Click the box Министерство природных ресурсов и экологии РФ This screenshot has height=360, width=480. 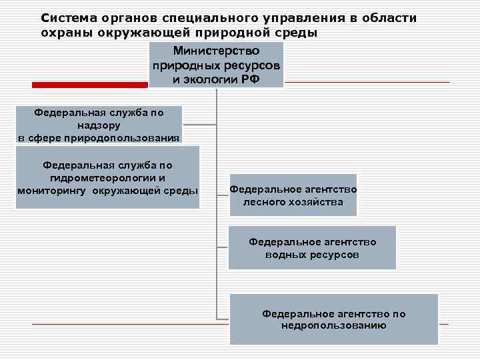point(216,65)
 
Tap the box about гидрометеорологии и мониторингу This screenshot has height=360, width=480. point(107,178)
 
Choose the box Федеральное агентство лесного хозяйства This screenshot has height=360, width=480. point(293,195)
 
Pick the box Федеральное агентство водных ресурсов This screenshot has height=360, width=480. point(312,247)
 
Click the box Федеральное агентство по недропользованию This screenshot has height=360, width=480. point(333,319)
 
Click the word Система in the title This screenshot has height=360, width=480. point(67,18)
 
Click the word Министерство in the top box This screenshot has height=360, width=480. point(216,51)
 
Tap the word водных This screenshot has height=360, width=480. point(288,255)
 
